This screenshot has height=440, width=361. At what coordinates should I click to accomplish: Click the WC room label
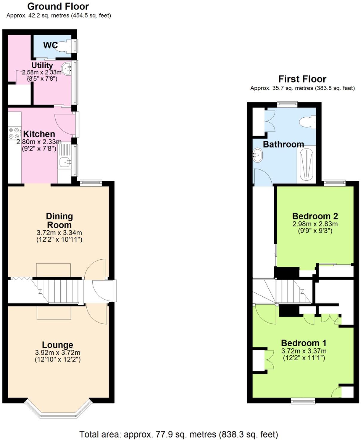pos(50,45)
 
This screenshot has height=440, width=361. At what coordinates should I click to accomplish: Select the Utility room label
pos(42,65)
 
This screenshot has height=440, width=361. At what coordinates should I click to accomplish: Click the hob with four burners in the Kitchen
pos(14,133)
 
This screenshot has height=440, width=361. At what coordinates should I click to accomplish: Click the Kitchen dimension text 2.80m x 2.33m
pos(39,142)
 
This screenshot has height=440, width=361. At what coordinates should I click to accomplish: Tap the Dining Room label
pos(59,220)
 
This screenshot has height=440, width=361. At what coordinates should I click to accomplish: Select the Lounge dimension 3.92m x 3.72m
pos(58,353)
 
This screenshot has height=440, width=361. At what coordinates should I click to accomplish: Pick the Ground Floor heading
pos(58,6)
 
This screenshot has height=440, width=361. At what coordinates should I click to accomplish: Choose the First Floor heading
pos(302,79)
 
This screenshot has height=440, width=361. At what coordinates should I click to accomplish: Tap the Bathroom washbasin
pos(257,155)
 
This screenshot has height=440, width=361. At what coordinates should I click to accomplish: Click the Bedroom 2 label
pos(315,216)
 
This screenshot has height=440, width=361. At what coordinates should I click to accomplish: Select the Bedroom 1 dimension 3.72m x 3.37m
pos(304,351)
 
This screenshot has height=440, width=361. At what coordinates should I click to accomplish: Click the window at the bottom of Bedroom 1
pos(303,401)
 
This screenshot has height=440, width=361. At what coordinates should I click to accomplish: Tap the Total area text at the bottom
pos(178,434)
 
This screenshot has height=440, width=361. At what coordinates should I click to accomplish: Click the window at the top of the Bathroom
pos(287,104)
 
